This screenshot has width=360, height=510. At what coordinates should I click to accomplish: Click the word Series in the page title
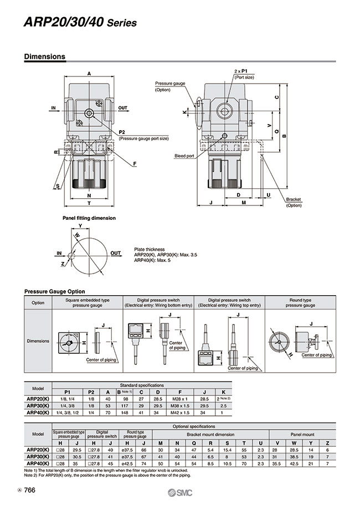pyautogui.click(x=121, y=23)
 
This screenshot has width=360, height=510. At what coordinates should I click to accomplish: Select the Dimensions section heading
pyautogui.click(x=45, y=56)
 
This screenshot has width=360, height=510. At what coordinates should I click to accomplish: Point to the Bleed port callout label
pyautogui.click(x=184, y=156)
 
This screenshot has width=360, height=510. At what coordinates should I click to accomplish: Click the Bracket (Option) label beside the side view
pyautogui.click(x=294, y=202)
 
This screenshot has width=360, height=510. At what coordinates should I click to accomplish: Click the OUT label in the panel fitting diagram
pyautogui.click(x=115, y=253)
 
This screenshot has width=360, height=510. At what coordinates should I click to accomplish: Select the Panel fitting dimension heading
pyautogui.click(x=89, y=218)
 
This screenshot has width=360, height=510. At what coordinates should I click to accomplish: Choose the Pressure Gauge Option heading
pyautogui.click(x=55, y=291)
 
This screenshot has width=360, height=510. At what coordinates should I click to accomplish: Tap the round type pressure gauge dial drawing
pyautogui.click(x=280, y=338)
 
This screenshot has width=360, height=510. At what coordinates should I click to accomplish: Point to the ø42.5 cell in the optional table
pyautogui.click(x=130, y=462)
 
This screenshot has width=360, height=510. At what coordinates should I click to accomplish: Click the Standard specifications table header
pyautogui.click(x=142, y=384)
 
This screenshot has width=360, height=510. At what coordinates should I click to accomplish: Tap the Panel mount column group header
pyautogui.click(x=302, y=435)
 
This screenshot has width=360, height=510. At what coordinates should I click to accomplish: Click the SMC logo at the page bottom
pyautogui.click(x=179, y=494)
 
